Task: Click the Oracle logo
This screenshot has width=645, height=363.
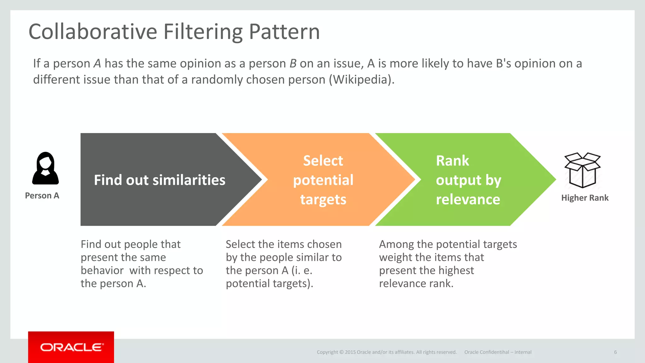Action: pyautogui.click(x=71, y=347)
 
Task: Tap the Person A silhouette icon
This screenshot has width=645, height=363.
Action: pyautogui.click(x=45, y=169)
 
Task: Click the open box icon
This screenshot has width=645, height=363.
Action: pyautogui.click(x=582, y=170)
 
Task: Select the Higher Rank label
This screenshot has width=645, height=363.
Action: pyautogui.click(x=585, y=198)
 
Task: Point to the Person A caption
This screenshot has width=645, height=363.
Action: pyautogui.click(x=42, y=196)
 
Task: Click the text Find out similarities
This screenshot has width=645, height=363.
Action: pyautogui.click(x=160, y=180)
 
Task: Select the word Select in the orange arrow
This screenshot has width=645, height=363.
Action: pyautogui.click(x=323, y=161)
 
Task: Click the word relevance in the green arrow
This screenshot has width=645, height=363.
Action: pyautogui.click(x=468, y=199)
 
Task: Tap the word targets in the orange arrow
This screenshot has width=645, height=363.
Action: pyautogui.click(x=323, y=199)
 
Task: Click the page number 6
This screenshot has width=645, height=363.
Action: pyautogui.click(x=615, y=352)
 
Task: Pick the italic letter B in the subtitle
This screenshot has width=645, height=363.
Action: pyautogui.click(x=293, y=64)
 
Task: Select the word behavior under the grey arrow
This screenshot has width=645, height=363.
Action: pyautogui.click(x=102, y=270)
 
